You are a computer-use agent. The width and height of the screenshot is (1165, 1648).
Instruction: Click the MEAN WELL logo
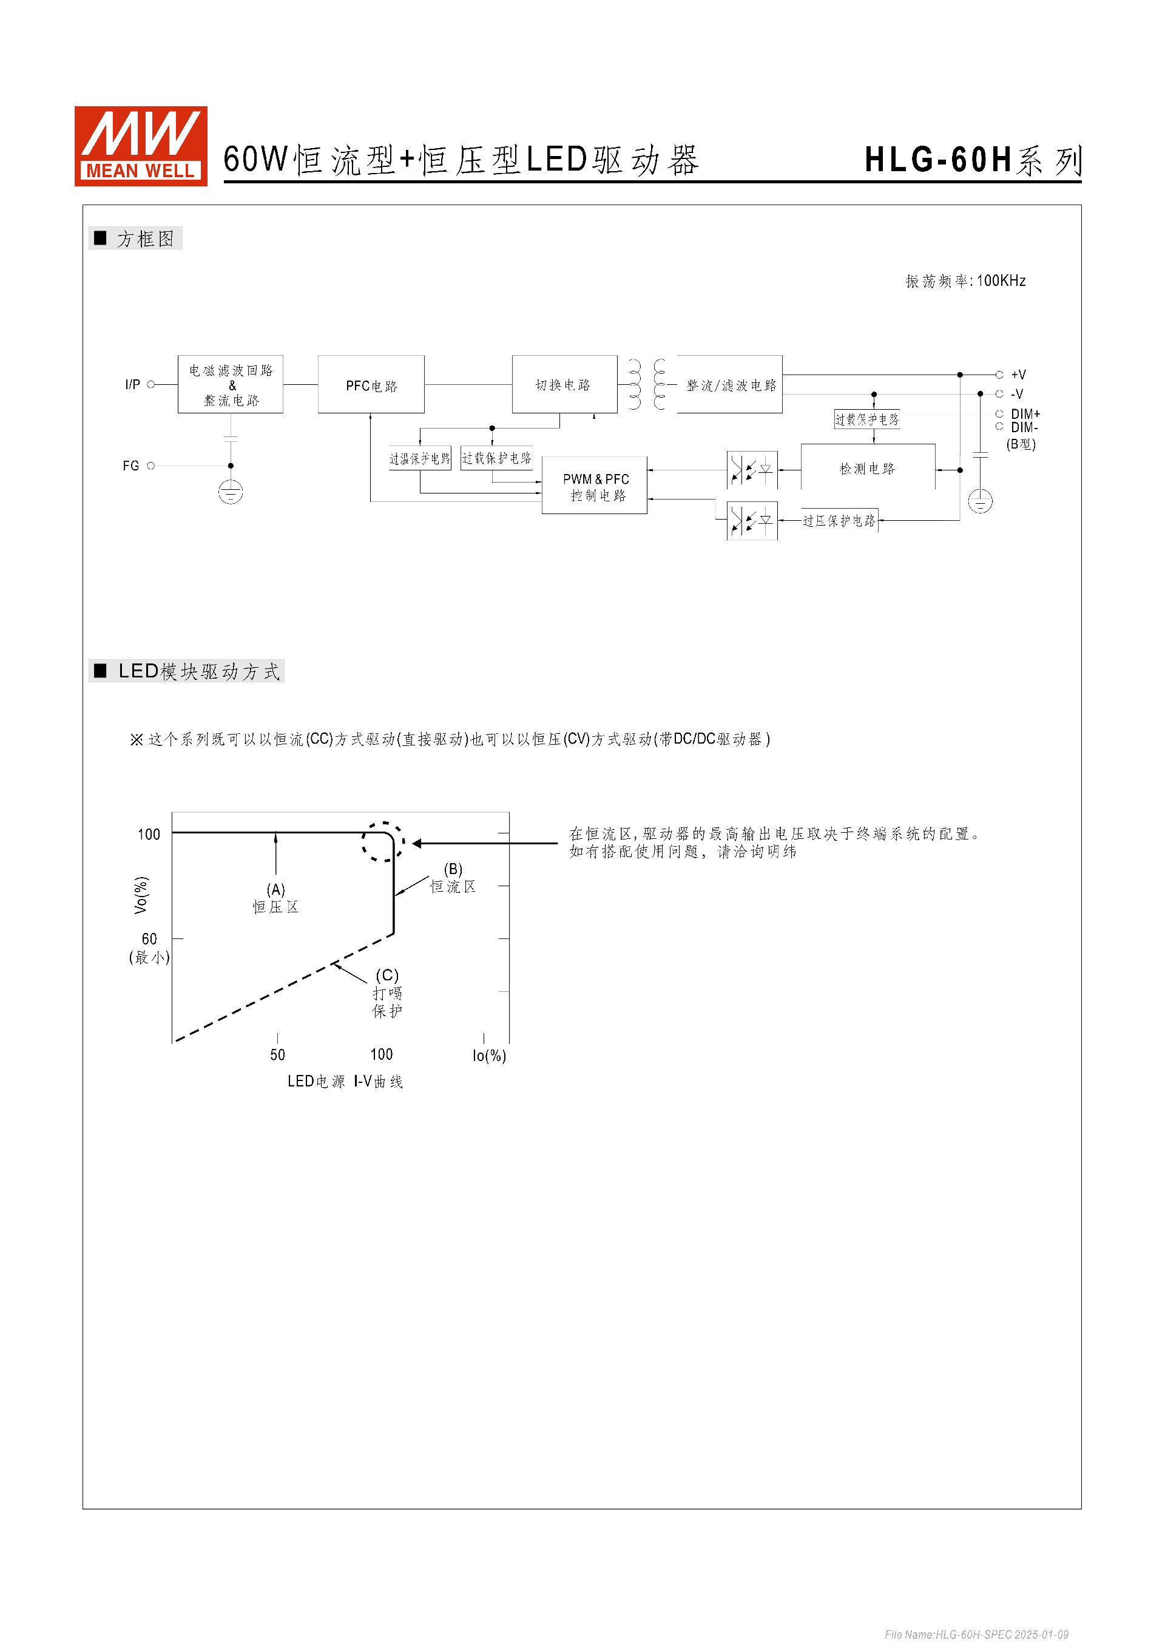[x=141, y=146]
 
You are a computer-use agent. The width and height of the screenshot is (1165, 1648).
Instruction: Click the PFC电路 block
[x=371, y=385]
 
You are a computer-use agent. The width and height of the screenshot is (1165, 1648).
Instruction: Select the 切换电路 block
[x=564, y=384]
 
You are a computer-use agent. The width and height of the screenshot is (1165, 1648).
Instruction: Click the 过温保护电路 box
[x=420, y=458]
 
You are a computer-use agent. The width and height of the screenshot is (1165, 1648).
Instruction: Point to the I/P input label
[x=133, y=385]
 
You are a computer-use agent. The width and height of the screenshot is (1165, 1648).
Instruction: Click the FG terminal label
[x=130, y=466]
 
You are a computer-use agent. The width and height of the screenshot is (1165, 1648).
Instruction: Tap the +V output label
[x=1018, y=375]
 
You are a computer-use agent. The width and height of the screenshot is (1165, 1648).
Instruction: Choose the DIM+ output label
[x=1024, y=414]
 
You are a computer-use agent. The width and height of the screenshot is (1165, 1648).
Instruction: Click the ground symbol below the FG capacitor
[x=231, y=492]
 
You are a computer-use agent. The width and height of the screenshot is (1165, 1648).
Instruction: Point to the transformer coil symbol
[x=646, y=384]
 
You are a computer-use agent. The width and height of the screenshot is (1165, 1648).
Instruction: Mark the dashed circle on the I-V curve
[x=383, y=842]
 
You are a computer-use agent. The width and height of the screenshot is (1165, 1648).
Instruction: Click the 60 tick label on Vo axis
[x=149, y=939]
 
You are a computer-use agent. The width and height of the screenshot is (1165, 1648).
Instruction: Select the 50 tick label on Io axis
[x=278, y=1054]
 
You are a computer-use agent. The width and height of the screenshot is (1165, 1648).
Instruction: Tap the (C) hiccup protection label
[x=387, y=992]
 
